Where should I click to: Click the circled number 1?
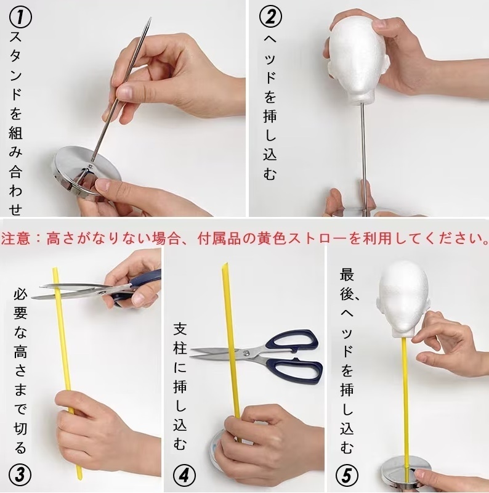pyautogui.click(x=20, y=18)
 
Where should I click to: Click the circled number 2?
pyautogui.click(x=271, y=17)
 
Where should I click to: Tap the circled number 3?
pyautogui.click(x=20, y=475)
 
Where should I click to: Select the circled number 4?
pyautogui.click(x=185, y=475)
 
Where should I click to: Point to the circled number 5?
pyautogui.click(x=347, y=475)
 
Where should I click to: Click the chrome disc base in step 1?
pyautogui.click(x=86, y=171)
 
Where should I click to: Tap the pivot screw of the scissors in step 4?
pyautogui.click(x=247, y=353)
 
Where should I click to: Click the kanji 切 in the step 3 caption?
pyautogui.click(x=20, y=428)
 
